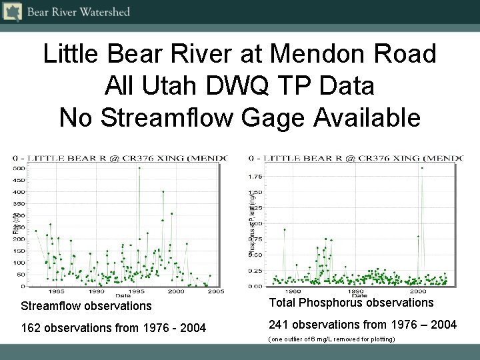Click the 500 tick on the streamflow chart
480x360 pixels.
tap(21, 168)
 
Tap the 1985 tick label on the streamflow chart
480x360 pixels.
tap(56, 291)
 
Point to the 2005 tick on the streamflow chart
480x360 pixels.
tap(214, 291)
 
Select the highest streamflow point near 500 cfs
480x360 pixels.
tap(139, 168)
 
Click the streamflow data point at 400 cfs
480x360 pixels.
tap(163, 192)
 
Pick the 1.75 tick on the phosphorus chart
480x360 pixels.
tap(255, 177)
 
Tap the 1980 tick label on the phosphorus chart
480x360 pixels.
tap(291, 291)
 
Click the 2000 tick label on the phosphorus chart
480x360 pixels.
tap(418, 291)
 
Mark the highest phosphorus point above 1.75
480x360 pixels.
tap(422, 167)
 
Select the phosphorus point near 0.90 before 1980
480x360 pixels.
tap(285, 229)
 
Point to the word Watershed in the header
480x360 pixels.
tap(106, 12)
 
